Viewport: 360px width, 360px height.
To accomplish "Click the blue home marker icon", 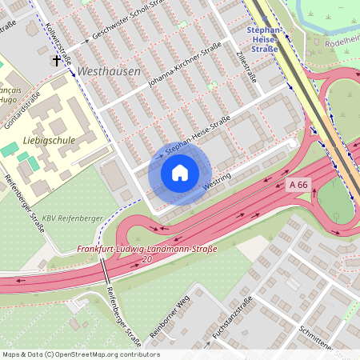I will (180, 173).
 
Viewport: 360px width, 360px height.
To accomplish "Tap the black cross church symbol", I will (58, 60).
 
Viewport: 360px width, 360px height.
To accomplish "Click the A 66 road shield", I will (298, 185).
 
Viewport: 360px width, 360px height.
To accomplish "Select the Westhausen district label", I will (109, 71).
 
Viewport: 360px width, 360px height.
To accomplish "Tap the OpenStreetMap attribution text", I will (80, 354).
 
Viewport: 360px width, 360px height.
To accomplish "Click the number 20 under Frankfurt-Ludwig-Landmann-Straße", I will (146, 260).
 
